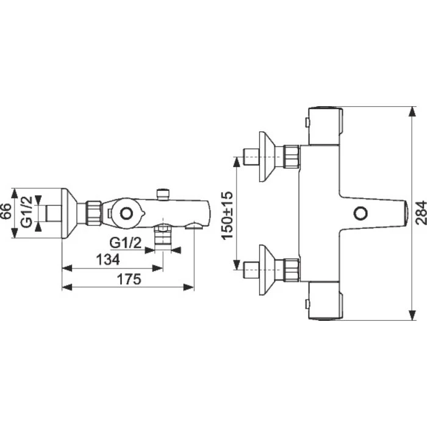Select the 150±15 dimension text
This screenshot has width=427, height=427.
pyautogui.click(x=228, y=216)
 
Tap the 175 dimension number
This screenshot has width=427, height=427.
pyautogui.click(x=129, y=279)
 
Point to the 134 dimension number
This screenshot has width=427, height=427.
pyautogui.click(x=108, y=260)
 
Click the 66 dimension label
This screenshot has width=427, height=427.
pyautogui.click(x=6, y=211)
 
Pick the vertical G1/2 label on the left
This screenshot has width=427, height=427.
pyautogui.click(x=26, y=212)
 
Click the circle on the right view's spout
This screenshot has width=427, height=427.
pyautogui.click(x=361, y=213)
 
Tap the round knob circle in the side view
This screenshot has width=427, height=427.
pyautogui.click(x=126, y=213)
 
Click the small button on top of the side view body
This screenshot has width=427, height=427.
pyautogui.click(x=163, y=194)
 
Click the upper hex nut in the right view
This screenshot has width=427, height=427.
pyautogui.click(x=292, y=157)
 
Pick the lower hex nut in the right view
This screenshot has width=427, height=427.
pyautogui.click(x=292, y=270)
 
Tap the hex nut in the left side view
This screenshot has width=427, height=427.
pyautogui.click(x=94, y=213)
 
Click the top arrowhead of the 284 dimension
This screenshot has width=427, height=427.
pyautogui.click(x=413, y=112)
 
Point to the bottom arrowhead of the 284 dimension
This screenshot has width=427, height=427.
pyautogui.click(x=413, y=315)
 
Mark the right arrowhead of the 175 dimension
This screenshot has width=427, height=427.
pyautogui.click(x=188, y=287)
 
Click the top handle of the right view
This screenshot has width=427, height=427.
pyautogui.click(x=325, y=125)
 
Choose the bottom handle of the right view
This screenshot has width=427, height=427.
pyautogui.click(x=325, y=301)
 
